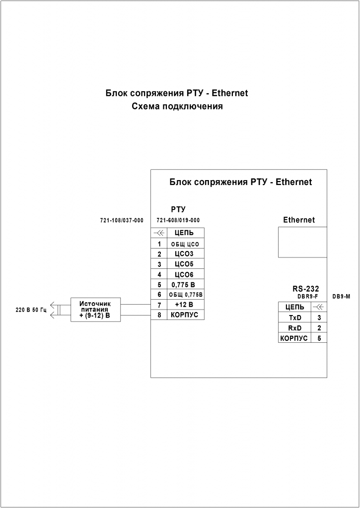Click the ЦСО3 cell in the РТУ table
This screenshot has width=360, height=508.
[185, 254]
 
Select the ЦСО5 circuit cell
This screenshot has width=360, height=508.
[185, 263]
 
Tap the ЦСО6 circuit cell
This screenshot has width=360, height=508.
[185, 274]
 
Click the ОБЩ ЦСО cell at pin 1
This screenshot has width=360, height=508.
[185, 244]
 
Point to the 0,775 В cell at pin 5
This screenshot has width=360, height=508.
[184, 285]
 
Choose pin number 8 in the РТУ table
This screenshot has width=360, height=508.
[159, 315]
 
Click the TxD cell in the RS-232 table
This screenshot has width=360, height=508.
[295, 317]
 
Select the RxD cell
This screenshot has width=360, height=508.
[295, 328]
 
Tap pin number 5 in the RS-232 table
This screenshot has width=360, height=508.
[319, 338]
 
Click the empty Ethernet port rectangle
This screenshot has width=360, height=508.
[302, 242]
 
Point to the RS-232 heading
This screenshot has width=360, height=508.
[305, 289]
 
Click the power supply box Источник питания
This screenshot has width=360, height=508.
[95, 310]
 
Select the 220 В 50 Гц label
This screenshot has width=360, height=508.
[31, 310]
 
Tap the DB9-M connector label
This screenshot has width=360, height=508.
[342, 296]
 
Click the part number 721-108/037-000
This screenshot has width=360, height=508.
[122, 220]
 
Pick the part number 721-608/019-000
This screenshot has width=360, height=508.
[178, 220]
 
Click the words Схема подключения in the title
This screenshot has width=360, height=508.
[177, 106]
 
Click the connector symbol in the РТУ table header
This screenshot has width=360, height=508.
[159, 233]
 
